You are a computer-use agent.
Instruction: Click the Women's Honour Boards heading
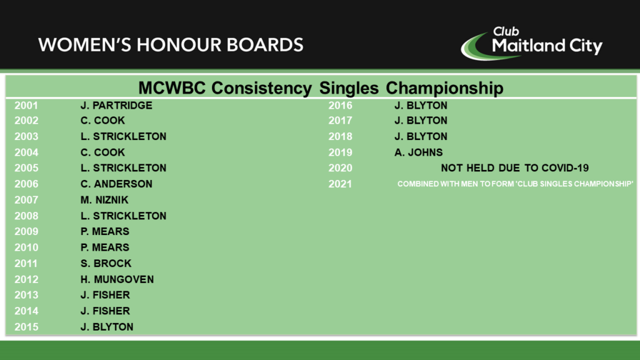(x=171, y=45)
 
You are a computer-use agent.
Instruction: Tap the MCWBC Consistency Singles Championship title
(x=321, y=87)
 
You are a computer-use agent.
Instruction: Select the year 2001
(x=26, y=105)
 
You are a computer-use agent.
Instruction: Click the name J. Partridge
(x=116, y=105)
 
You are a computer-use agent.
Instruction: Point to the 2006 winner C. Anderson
(x=116, y=184)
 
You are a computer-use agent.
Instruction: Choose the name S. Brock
(x=106, y=263)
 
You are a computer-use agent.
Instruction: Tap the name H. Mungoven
(x=117, y=279)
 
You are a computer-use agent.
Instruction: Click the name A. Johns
(x=418, y=152)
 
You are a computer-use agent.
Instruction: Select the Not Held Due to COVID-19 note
(x=514, y=167)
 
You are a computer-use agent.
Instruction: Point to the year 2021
(x=341, y=184)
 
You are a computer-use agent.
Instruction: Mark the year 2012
(x=26, y=279)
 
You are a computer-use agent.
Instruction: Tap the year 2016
(x=341, y=105)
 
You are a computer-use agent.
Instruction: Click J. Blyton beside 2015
(x=107, y=326)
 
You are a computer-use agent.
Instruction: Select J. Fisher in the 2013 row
(x=105, y=295)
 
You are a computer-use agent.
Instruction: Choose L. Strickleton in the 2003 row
(x=123, y=136)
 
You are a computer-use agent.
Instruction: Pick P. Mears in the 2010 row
(x=104, y=247)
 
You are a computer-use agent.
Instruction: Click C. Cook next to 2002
(x=102, y=120)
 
